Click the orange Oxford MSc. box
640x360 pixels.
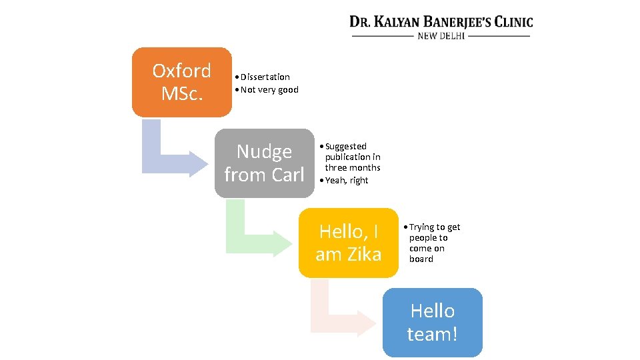point(181,82)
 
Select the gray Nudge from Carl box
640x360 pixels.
point(264,163)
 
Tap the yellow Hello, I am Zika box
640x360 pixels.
point(349,243)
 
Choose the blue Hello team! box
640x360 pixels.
point(432,323)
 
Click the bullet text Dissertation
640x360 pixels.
point(265,77)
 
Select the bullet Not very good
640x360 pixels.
point(269,90)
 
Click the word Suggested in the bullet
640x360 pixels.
point(345,146)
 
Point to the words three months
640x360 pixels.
point(353,167)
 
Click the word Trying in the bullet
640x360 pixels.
point(421,227)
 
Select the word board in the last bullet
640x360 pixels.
point(421,259)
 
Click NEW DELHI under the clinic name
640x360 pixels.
point(441,36)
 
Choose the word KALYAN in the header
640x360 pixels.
point(396,22)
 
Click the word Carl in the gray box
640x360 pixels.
point(288,175)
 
